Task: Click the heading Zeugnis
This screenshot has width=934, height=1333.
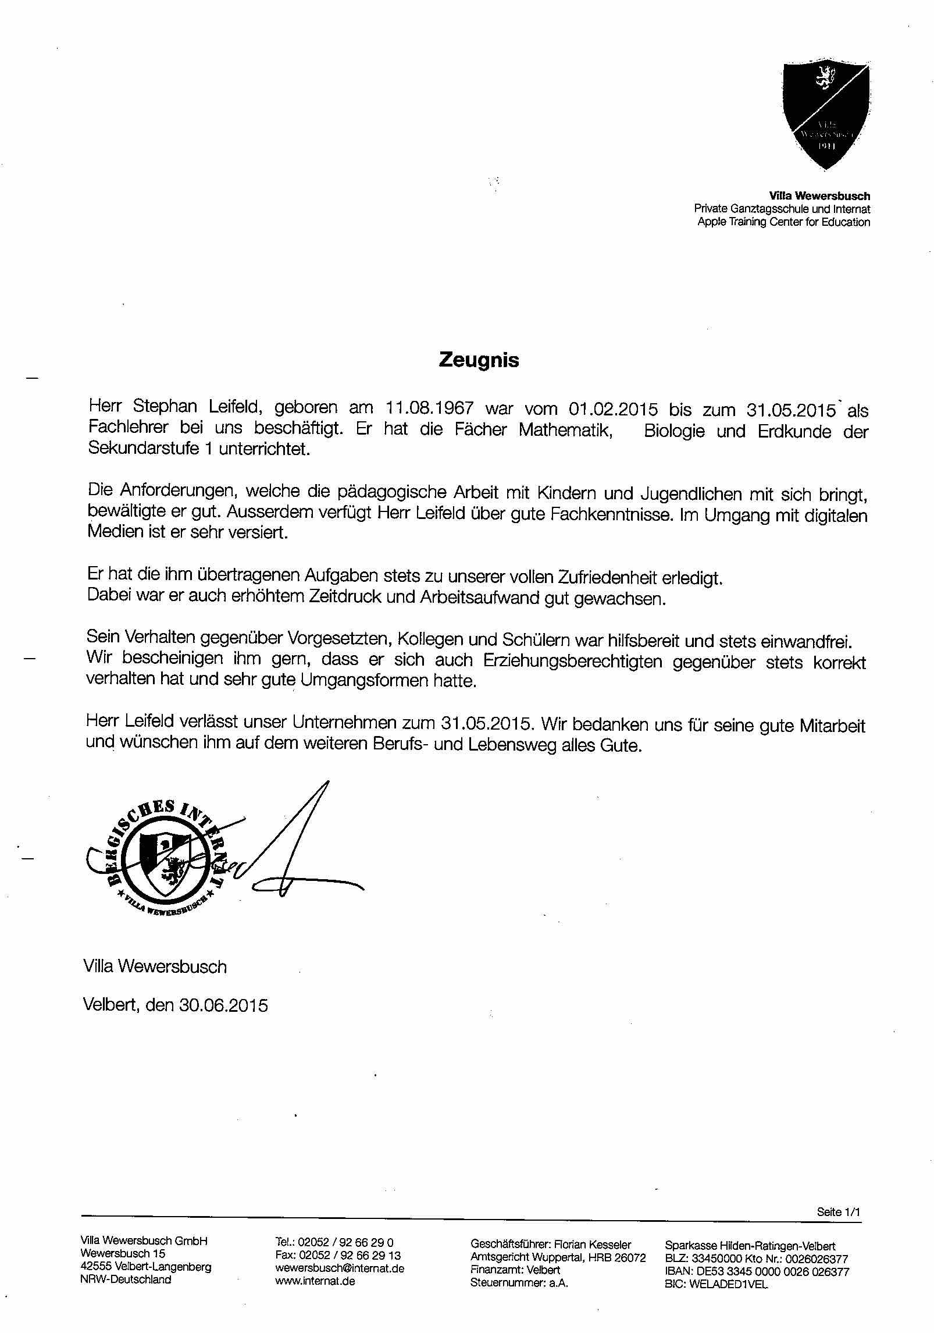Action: click(x=478, y=360)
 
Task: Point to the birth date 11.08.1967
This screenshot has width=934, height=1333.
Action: click(x=429, y=408)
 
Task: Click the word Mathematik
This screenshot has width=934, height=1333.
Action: click(x=565, y=431)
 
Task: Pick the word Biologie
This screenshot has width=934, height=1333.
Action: click(x=673, y=432)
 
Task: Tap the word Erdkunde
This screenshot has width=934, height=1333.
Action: click(x=794, y=432)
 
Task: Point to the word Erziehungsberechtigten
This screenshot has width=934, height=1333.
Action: click(x=572, y=662)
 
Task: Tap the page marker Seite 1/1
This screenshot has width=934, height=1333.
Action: click(x=838, y=1212)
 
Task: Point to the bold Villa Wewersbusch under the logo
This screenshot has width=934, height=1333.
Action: click(x=819, y=196)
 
